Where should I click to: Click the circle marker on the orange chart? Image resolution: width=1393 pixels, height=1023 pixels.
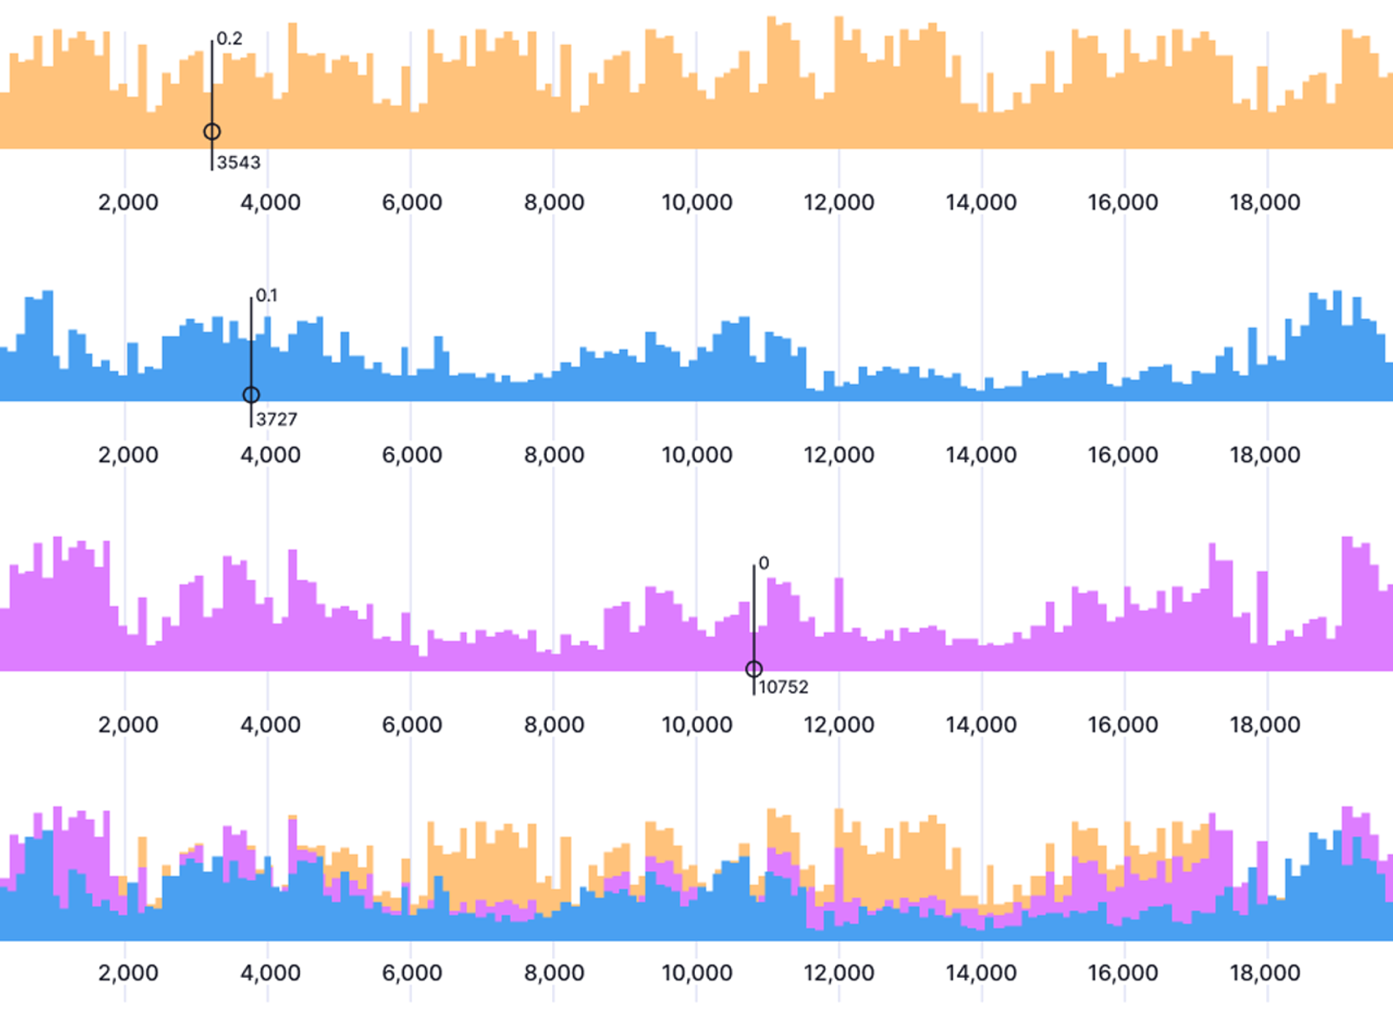click(212, 132)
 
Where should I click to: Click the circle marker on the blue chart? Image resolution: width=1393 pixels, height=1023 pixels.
click(251, 395)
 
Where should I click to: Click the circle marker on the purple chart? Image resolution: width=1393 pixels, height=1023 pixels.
click(753, 669)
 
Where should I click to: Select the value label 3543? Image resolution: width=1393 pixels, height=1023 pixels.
click(238, 163)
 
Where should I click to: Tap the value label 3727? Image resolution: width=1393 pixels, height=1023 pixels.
click(276, 419)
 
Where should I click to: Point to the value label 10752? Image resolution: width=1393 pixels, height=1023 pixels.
click(783, 687)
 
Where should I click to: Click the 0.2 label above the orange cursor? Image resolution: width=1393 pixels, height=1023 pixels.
click(230, 38)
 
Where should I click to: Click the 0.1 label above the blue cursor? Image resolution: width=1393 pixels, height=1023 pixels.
click(266, 296)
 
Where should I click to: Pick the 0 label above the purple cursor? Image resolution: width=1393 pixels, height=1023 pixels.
click(763, 564)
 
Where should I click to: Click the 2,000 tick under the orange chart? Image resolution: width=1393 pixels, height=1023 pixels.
click(128, 203)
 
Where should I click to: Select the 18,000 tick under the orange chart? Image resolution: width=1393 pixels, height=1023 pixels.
click(1264, 203)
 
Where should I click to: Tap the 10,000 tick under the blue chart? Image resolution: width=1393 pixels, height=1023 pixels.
click(696, 455)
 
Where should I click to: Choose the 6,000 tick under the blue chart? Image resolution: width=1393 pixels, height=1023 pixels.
click(412, 455)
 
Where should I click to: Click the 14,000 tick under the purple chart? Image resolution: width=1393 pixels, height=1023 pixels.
click(980, 725)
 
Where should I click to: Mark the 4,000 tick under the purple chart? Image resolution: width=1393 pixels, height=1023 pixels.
click(270, 725)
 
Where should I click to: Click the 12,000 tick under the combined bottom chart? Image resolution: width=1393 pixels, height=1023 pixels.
click(838, 973)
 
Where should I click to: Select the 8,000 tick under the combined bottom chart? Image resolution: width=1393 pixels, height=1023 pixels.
click(554, 973)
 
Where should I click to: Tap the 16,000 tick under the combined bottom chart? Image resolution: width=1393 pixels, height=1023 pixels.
click(1122, 973)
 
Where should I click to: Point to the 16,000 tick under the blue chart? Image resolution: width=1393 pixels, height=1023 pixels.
click(1122, 455)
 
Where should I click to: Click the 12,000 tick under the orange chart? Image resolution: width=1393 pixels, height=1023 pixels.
click(838, 203)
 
